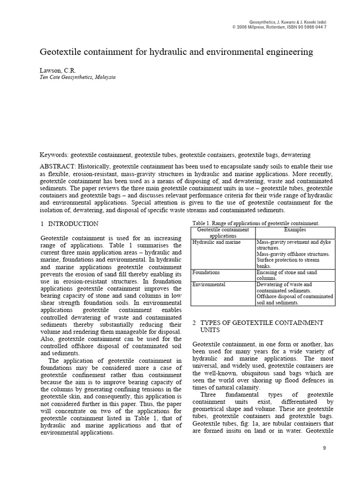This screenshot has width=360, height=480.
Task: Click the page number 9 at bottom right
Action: [x=324, y=449]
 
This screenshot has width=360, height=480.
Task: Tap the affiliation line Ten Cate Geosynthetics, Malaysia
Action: [x=78, y=77]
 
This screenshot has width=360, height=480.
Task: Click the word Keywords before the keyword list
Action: [x=53, y=155]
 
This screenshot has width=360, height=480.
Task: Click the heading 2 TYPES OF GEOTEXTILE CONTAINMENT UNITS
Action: [x=258, y=327]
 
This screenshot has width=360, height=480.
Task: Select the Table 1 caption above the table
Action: [x=255, y=223]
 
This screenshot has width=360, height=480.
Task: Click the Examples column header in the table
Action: [x=295, y=230]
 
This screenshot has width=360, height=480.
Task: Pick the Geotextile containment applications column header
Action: [x=223, y=233]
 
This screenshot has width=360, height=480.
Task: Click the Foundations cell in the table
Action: [x=206, y=272]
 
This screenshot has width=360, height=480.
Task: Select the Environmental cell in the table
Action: [x=209, y=285]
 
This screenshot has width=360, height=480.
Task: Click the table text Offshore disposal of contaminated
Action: [x=295, y=297]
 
